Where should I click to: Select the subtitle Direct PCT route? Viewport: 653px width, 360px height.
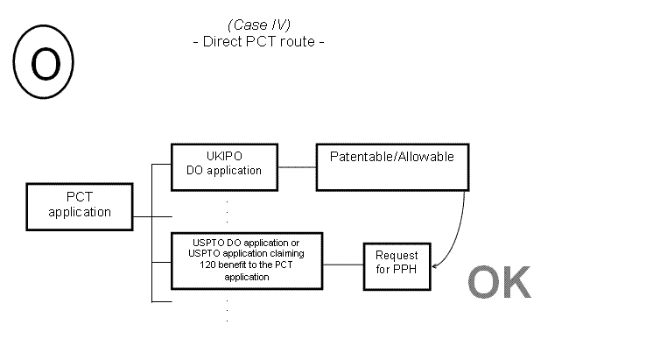coord(258,41)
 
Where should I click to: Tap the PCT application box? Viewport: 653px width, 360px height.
coord(80,204)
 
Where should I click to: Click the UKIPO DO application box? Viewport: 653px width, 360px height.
coord(223,164)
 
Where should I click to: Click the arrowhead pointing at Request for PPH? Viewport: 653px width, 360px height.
coord(435,263)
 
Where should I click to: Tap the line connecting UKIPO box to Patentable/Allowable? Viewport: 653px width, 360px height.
coord(297,166)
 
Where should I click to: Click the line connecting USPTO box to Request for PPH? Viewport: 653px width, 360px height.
coord(343,261)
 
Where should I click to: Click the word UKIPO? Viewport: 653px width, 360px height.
coord(223,157)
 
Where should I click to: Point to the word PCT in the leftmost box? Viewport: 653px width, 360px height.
coord(80,198)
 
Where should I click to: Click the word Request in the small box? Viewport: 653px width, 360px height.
coord(397,256)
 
